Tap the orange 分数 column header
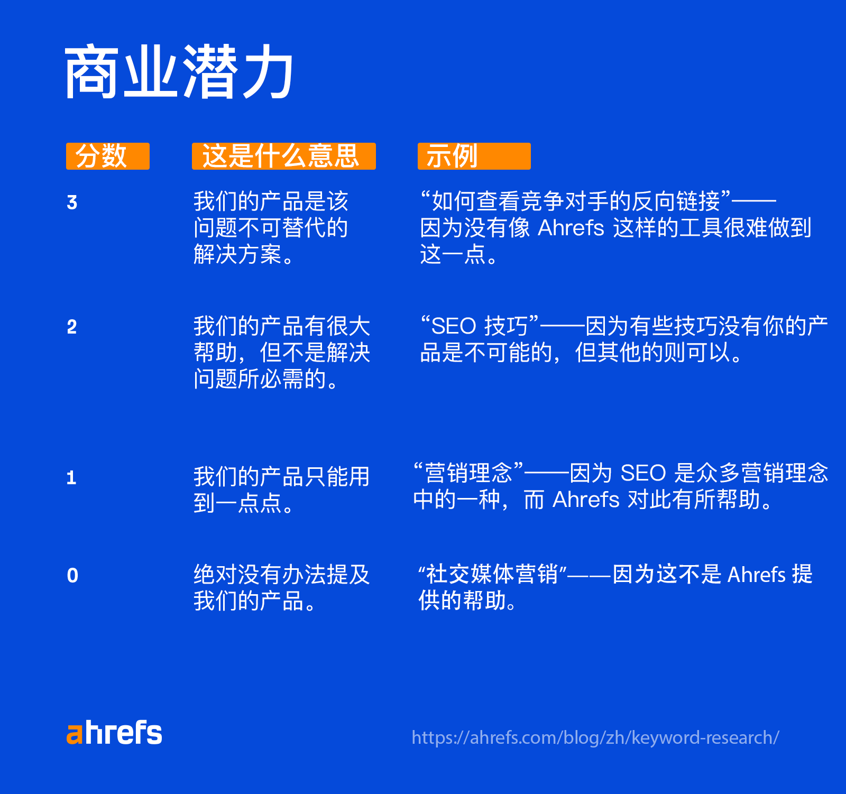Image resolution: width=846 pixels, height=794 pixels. pyautogui.click(x=107, y=156)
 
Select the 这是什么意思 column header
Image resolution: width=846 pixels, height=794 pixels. pyautogui.click(x=283, y=156)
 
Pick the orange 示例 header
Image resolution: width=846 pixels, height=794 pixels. pyautogui.click(x=474, y=156)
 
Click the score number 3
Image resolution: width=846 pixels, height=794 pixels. pyautogui.click(x=72, y=202)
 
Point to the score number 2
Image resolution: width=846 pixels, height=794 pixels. pyautogui.click(x=72, y=327)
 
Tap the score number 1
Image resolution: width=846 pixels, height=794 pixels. pyautogui.click(x=71, y=478)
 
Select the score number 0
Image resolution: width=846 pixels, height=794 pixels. pyautogui.click(x=72, y=576)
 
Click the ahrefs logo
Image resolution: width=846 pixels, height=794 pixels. pyautogui.click(x=114, y=733)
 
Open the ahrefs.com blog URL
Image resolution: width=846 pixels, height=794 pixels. pyautogui.click(x=595, y=737)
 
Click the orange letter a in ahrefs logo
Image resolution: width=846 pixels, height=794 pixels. pyautogui.click(x=75, y=735)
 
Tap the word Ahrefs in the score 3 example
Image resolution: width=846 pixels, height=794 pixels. pyautogui.click(x=571, y=228)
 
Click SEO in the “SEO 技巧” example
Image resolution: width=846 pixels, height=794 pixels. pyautogui.click(x=454, y=326)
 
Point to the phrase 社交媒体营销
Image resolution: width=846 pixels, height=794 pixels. pyautogui.click(x=492, y=574)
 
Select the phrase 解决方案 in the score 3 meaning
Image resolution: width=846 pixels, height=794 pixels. pyautogui.click(x=237, y=255)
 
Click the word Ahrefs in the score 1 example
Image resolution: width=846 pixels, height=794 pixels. pyautogui.click(x=585, y=500)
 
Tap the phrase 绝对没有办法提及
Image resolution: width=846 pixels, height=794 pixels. pyautogui.click(x=281, y=575)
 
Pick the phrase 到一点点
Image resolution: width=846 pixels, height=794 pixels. pyautogui.click(x=237, y=503)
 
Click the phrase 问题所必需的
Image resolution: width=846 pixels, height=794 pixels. pyautogui.click(x=260, y=379)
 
